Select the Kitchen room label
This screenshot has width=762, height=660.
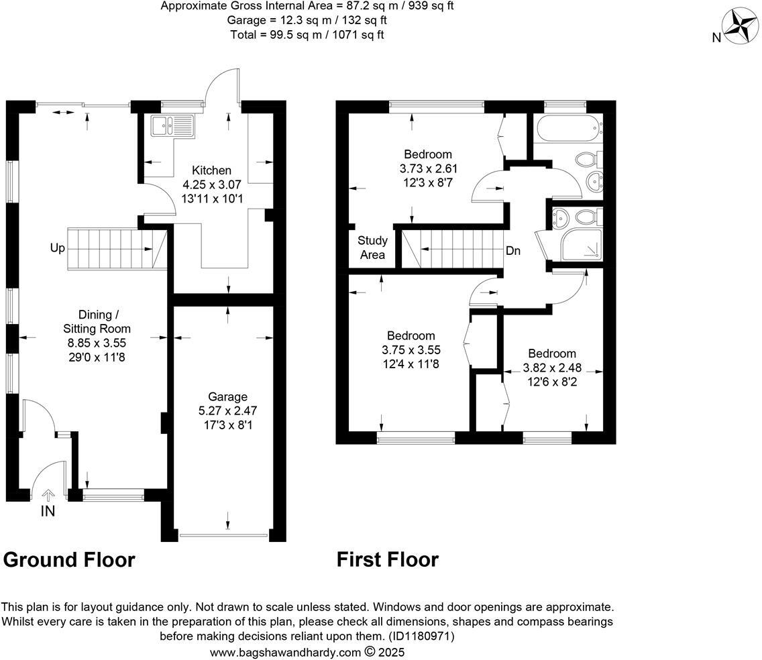coord(211,170)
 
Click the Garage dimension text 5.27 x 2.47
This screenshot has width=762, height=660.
coord(228,410)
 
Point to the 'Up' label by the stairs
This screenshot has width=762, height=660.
coord(57,248)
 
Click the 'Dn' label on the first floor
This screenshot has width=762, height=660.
coord(513,251)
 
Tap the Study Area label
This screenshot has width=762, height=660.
coord(372,248)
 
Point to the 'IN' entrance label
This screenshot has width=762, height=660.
coord(48,511)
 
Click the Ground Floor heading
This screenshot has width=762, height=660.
coord(70,559)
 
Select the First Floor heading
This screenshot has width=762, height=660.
coord(388,559)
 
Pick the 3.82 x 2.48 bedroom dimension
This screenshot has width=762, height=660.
coord(552,368)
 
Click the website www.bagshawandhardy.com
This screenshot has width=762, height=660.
coord(286,652)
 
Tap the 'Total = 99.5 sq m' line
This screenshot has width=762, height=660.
coord(307,34)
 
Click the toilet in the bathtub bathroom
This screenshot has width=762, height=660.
coord(588,159)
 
